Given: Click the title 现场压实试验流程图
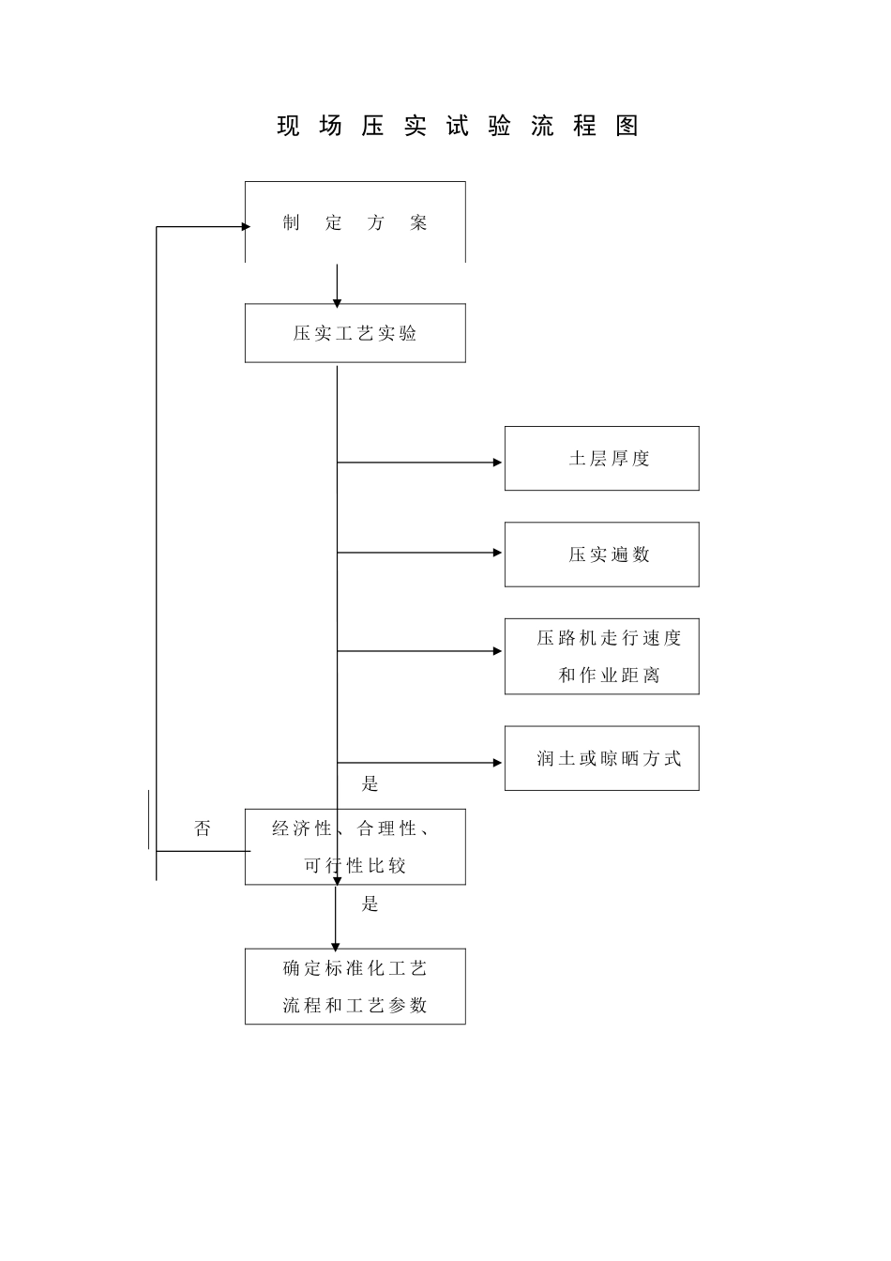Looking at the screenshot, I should click(x=458, y=127).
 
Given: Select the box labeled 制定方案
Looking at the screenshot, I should click(x=355, y=223).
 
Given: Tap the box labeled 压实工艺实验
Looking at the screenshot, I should click(x=355, y=333).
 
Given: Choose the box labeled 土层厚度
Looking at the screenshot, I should click(x=601, y=459).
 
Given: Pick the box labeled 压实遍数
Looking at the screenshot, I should click(x=601, y=555).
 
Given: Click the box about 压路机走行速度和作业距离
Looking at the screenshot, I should click(x=601, y=657).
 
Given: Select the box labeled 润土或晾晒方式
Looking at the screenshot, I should click(x=601, y=758).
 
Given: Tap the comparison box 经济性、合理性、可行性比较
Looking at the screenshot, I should click(x=355, y=846).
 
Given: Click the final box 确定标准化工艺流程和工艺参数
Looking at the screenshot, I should click(x=355, y=986).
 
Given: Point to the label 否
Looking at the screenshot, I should click(x=203, y=828).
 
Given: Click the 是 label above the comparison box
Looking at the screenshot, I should click(x=370, y=784).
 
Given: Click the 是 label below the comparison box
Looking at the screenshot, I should click(x=370, y=904).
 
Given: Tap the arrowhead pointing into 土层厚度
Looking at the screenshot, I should click(x=498, y=463).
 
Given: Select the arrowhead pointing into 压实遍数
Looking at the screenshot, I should click(x=498, y=553).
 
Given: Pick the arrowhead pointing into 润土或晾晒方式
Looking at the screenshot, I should click(x=498, y=763).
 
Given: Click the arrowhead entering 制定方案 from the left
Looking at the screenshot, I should click(x=246, y=226).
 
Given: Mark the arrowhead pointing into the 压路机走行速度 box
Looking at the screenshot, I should click(x=498, y=651).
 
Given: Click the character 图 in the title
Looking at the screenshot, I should click(x=627, y=127).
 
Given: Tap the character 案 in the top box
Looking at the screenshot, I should click(x=418, y=223).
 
